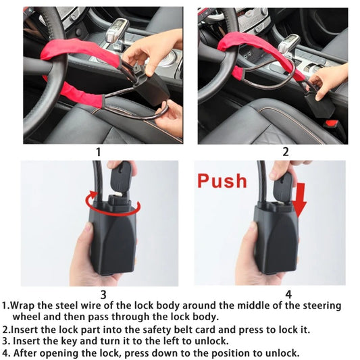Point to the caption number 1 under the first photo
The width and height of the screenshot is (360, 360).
(99, 152)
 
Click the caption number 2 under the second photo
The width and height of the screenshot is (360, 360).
(286, 152)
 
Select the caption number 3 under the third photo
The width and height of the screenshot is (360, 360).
(103, 294)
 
